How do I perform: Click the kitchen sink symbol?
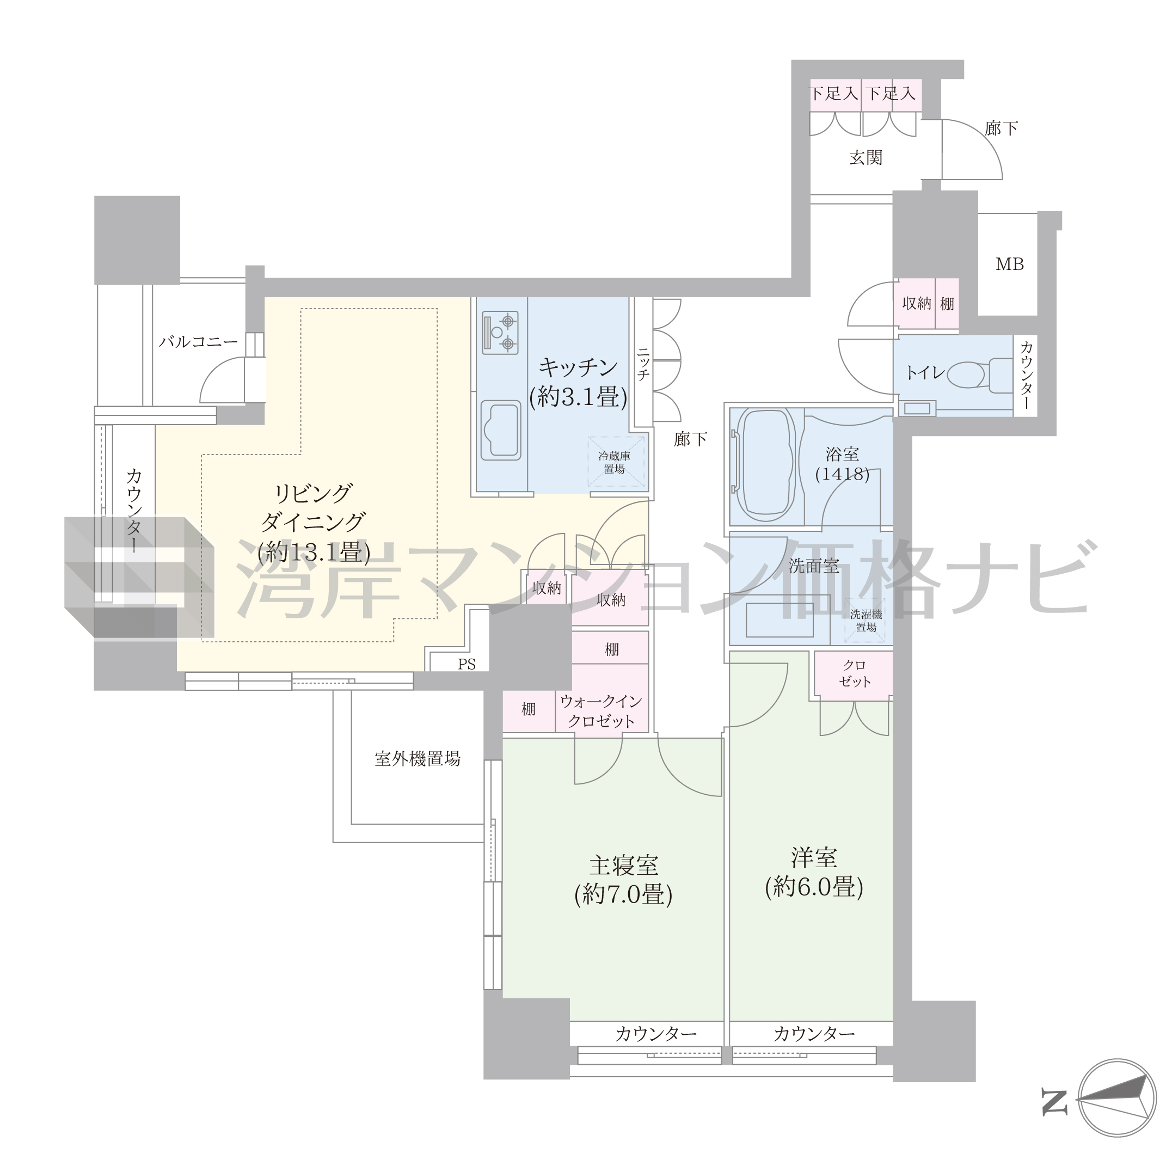tap(500, 429)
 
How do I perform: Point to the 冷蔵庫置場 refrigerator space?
tap(616, 462)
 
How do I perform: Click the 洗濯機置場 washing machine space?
tap(866, 621)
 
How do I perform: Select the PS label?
tap(467, 665)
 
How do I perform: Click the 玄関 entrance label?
tap(866, 157)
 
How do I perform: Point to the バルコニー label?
tap(198, 342)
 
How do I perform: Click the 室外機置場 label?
tap(418, 759)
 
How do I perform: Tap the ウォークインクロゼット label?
tap(601, 711)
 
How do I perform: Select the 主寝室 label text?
tap(623, 866)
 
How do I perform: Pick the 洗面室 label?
tap(814, 566)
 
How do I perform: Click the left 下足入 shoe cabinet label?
tap(833, 94)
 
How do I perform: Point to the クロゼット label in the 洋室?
tap(855, 673)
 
